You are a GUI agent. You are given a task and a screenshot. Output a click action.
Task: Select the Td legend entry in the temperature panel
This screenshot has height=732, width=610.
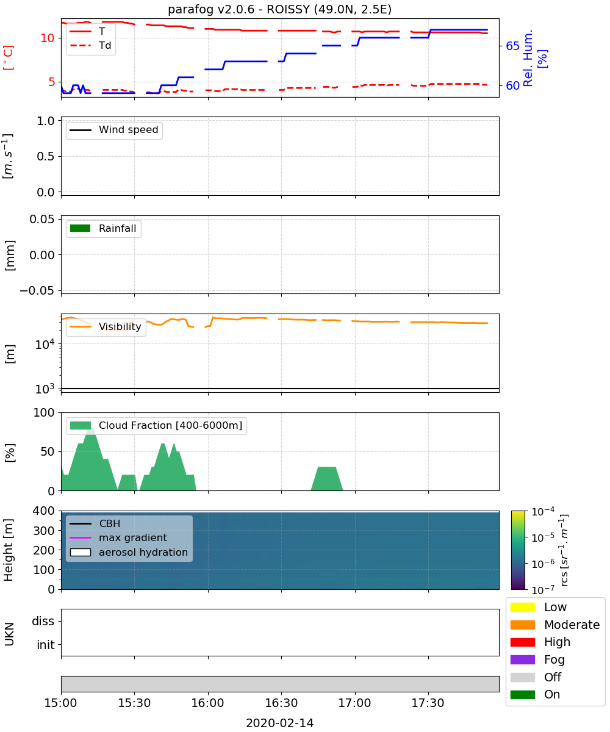90,46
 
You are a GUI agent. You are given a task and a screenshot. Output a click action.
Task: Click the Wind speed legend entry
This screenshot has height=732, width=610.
114,130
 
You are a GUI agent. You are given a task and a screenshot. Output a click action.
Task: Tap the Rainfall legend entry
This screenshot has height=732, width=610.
102,228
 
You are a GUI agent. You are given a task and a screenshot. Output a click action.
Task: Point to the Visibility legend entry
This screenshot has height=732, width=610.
105,326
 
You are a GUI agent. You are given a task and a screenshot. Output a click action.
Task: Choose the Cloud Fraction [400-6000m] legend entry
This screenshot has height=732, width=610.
156,425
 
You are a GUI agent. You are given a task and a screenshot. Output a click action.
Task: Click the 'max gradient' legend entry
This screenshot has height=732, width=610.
118,538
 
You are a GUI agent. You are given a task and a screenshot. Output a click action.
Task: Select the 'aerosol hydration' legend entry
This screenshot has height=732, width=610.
129,552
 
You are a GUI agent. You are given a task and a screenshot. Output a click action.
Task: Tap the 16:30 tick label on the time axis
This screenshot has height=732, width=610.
281,703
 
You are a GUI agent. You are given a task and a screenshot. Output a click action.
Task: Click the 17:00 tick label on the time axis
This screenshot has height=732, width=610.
354,703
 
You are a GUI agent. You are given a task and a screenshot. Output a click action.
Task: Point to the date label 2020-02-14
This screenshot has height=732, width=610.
279,723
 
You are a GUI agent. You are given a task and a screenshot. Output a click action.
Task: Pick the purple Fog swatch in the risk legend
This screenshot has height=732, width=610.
522,659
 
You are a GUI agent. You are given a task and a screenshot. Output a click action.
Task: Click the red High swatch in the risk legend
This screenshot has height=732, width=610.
522,642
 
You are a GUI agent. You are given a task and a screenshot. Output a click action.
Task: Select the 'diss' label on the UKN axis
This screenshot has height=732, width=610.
43,621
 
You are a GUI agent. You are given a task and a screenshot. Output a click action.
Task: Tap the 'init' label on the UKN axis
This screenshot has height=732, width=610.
46,645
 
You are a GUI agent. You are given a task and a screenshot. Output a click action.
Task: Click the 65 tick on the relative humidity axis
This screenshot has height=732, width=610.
512,46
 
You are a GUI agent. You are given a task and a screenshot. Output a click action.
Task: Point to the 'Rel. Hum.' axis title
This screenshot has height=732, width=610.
528,58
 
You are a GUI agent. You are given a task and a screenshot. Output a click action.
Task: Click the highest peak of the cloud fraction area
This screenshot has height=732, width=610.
90,428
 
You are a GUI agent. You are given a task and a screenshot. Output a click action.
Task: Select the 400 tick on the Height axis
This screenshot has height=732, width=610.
43,511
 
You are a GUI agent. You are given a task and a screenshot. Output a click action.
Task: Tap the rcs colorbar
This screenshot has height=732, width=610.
518,550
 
